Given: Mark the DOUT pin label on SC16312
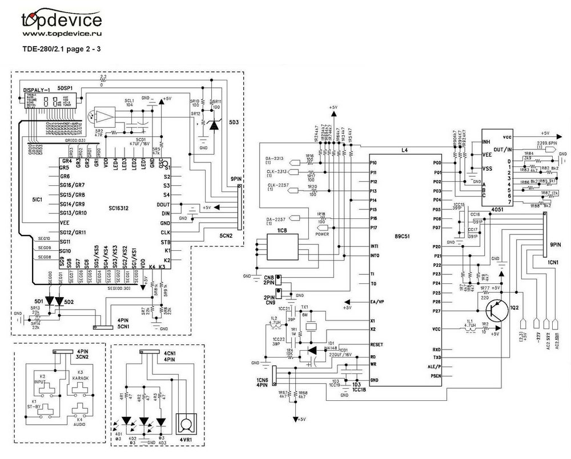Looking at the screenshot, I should (x=163, y=204).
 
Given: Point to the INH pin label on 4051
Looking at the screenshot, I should (x=486, y=141).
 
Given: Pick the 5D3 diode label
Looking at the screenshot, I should (x=234, y=121).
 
